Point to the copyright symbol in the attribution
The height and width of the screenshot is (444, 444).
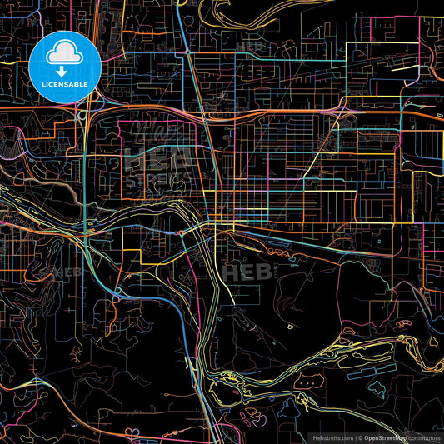359,437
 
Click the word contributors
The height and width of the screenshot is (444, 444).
425,437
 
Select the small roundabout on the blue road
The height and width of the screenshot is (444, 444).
182,233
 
